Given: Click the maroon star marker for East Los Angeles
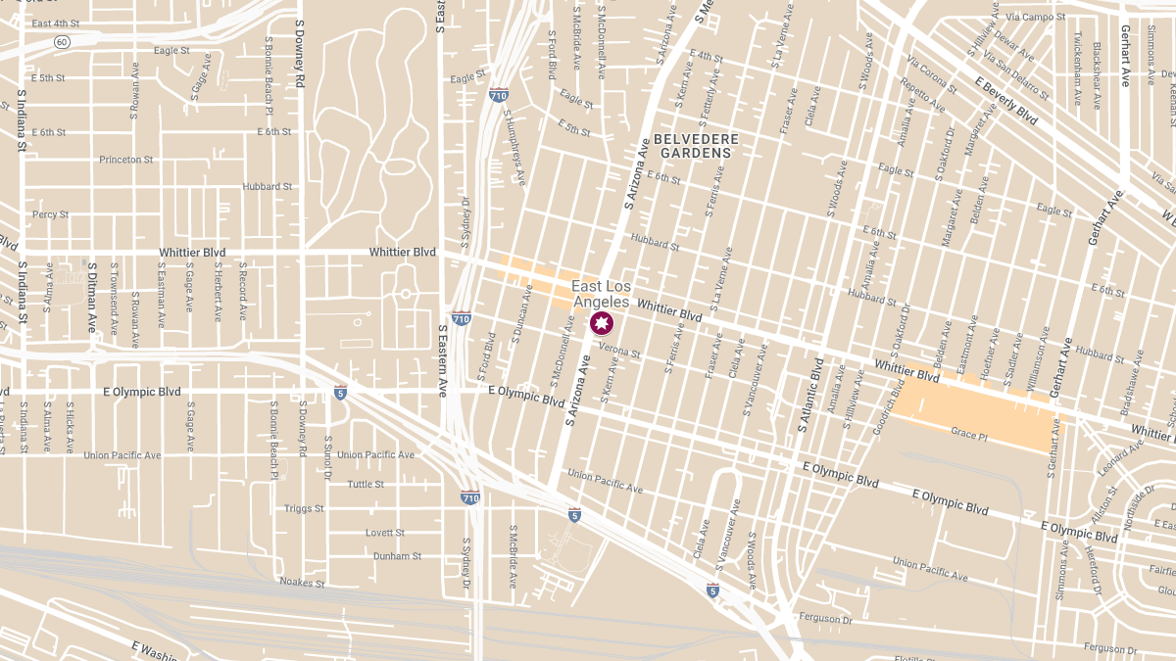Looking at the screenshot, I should click(601, 324).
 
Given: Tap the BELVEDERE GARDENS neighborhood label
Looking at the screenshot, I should click(696, 146).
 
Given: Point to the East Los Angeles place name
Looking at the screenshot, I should click(602, 294).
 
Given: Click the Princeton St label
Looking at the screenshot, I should click(126, 160).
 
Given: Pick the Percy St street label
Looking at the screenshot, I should click(50, 214).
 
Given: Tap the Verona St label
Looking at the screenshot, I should click(619, 349).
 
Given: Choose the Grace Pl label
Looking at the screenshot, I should click(967, 433).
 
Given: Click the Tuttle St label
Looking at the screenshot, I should click(366, 484).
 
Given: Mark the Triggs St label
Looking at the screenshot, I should click(304, 508).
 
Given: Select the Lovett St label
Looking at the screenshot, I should click(385, 533).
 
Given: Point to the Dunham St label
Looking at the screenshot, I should click(397, 556).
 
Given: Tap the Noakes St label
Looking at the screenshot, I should click(302, 583).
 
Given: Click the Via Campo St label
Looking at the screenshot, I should click(1042, 18).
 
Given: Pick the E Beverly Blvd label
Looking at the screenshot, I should click(1005, 101).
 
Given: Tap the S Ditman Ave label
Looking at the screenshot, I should click(92, 298).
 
